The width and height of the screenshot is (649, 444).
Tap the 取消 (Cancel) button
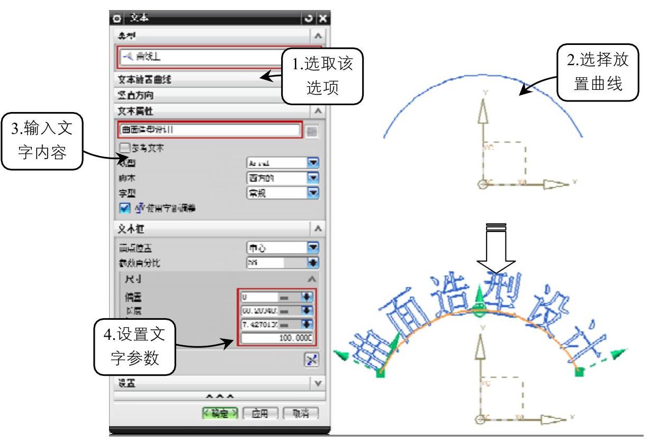301,413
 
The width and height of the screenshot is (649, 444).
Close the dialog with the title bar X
322,18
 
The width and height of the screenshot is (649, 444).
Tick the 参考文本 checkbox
125,148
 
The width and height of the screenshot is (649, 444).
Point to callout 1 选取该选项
322,74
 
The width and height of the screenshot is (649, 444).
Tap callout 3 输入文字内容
42,141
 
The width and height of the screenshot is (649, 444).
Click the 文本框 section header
212,229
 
